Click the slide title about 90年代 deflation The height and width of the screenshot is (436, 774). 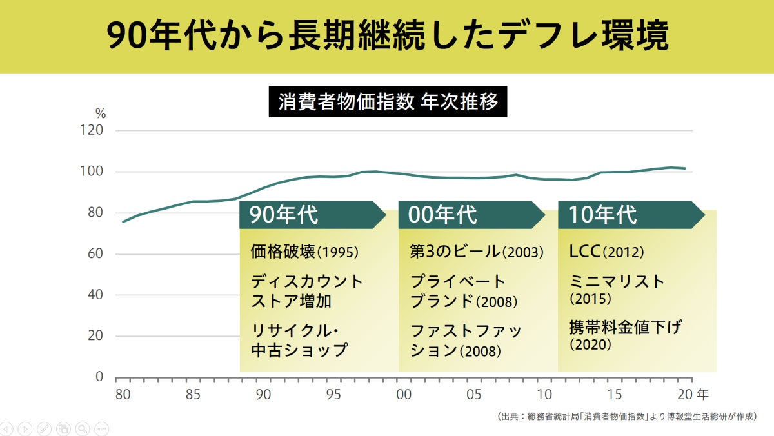click(387, 37)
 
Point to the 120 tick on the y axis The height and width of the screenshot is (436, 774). click(92, 131)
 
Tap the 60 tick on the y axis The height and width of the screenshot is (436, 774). click(95, 254)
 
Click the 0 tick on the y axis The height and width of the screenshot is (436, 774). click(99, 377)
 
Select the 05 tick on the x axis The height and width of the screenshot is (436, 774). click(474, 393)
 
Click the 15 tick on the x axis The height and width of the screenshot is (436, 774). click(615, 393)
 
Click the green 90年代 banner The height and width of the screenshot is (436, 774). click(310, 215)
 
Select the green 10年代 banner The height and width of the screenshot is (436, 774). click(628, 215)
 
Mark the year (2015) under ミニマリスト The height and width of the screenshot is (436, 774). click(590, 299)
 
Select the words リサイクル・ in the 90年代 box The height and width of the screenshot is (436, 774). click(295, 331)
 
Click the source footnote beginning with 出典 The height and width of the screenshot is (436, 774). click(626, 417)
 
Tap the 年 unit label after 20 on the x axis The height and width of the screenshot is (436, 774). click(702, 393)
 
